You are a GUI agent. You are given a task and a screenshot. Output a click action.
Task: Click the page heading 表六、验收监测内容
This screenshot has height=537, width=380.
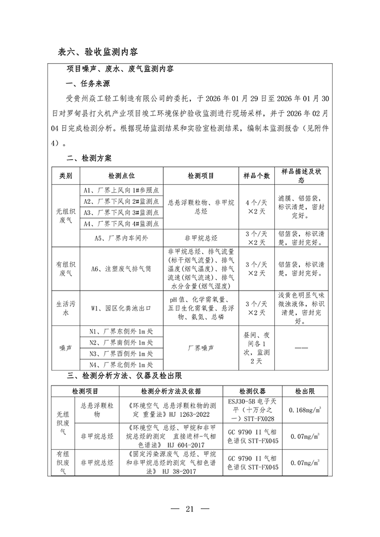(98, 52)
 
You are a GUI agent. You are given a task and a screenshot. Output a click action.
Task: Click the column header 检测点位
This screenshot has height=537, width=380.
(121, 176)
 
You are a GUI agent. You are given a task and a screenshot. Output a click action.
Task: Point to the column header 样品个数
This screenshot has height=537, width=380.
(256, 176)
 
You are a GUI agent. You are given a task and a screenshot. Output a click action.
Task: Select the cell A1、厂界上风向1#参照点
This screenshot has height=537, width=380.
(121, 190)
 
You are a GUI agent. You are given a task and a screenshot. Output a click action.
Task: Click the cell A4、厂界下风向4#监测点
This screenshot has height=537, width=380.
(121, 223)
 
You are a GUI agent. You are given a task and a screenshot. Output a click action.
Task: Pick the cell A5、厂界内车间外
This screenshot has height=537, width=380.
(121, 238)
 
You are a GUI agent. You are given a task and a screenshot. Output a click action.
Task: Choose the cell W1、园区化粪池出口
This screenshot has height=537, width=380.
(121, 308)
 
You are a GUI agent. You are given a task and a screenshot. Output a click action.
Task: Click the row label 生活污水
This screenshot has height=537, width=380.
(66, 308)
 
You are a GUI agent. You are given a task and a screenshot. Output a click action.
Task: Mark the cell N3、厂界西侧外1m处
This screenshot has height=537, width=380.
(121, 354)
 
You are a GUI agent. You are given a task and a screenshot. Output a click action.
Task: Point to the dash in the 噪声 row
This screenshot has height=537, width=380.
(301, 348)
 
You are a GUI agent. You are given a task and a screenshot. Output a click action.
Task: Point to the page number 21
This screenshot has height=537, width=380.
(189, 509)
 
